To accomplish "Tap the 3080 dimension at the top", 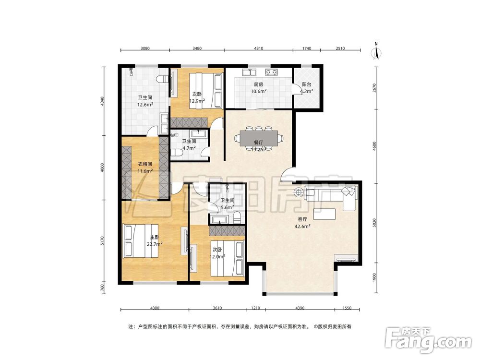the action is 145,48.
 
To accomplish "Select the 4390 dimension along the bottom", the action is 300,308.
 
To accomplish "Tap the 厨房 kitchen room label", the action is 258,85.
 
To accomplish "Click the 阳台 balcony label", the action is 306,84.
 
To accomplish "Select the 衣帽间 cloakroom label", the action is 145,164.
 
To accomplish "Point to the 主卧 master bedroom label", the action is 155,237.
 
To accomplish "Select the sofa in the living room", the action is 331,196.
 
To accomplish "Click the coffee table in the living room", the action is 324,214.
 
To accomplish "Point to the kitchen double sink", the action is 249,72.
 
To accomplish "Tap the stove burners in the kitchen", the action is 271,72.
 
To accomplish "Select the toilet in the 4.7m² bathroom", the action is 177,152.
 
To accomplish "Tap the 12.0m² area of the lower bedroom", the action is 217,256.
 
